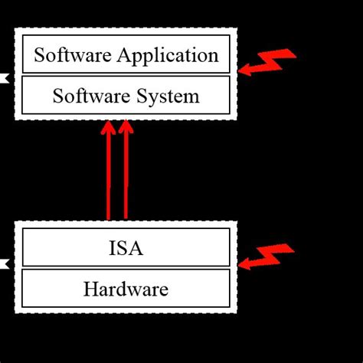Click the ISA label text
pos(126,249)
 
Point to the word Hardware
pos(126,289)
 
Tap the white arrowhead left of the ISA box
pos(3,264)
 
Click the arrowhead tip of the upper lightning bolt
pos(241,71)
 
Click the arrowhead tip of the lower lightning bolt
pos(241,265)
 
